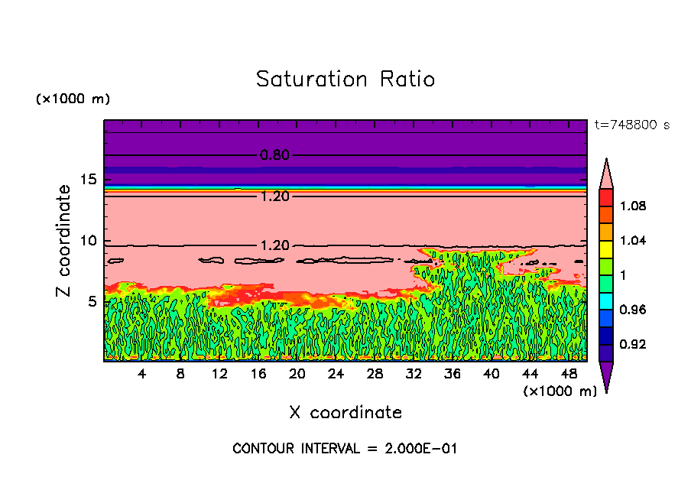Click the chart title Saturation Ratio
pyautogui.click(x=345, y=80)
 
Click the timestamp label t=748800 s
pyautogui.click(x=631, y=125)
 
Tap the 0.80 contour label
pyautogui.click(x=274, y=155)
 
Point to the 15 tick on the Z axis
pyautogui.click(x=88, y=180)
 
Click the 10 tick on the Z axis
pyautogui.click(x=88, y=241)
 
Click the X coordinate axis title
pyautogui.click(x=345, y=413)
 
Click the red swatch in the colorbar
pyautogui.click(x=605, y=197)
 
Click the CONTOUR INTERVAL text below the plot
pyautogui.click(x=345, y=449)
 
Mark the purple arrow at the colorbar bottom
pyautogui.click(x=605, y=377)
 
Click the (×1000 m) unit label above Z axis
pyautogui.click(x=73, y=99)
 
